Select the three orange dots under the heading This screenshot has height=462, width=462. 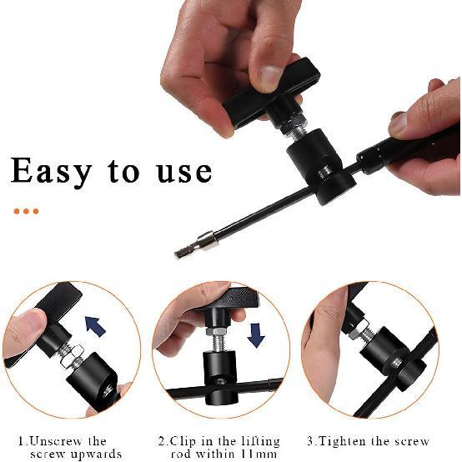pyautogui.click(x=26, y=212)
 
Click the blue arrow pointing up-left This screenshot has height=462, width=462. pyautogui.click(x=96, y=324)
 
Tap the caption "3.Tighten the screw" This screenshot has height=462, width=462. pyautogui.click(x=367, y=441)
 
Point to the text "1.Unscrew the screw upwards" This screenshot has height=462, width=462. pyautogui.click(x=68, y=447)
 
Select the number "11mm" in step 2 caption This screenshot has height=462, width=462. pyautogui.click(x=260, y=454)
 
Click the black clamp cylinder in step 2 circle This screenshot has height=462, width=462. pyautogui.click(x=219, y=373)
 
